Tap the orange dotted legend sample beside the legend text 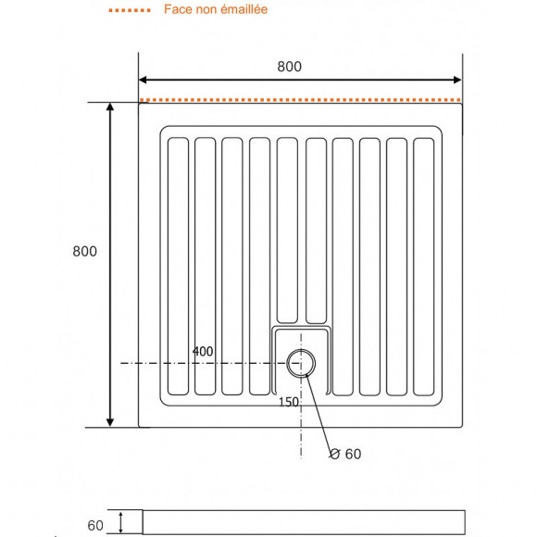(130, 10)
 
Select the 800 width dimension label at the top (289, 67)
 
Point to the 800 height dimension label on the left (84, 251)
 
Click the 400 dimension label (203, 352)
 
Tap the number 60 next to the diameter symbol (353, 453)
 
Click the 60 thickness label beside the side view (95, 525)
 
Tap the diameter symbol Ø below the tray (335, 453)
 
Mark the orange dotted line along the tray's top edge (301, 99)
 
